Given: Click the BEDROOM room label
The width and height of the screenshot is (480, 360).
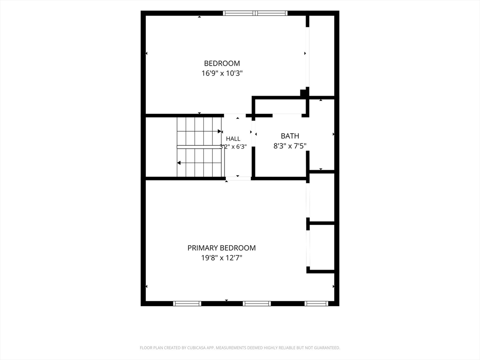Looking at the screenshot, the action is pos(222,63).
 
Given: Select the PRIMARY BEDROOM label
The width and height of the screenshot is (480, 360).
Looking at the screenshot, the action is pos(222,247).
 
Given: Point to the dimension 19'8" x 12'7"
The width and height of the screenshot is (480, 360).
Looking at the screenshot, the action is pos(222,258).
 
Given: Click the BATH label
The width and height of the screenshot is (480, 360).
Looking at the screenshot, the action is pos(290,136).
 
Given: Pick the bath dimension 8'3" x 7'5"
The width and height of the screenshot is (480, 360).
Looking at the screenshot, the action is pos(290,146).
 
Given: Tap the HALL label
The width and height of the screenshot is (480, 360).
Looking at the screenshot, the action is pos(233,139).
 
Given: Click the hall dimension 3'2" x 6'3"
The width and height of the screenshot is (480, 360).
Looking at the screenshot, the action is pos(233,146).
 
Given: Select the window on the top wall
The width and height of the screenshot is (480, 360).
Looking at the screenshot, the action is pos(255,13).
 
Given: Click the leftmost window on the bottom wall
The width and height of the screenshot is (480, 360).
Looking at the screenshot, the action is pos(187,303).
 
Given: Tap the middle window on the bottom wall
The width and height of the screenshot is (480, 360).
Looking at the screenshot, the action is pos(257,303).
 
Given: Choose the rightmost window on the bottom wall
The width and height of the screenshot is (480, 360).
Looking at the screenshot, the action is pos(316,303).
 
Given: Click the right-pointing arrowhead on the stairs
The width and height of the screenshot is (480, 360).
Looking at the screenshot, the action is pos(219,131).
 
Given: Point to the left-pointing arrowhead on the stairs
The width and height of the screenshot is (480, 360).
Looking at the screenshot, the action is pos(179,163).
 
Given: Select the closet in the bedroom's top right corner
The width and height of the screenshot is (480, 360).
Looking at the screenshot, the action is pos(322,56).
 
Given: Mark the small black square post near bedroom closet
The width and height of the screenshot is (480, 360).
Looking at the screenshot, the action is pos(303,93).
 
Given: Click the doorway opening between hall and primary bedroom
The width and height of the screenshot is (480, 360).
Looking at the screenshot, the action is pos(238,179).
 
